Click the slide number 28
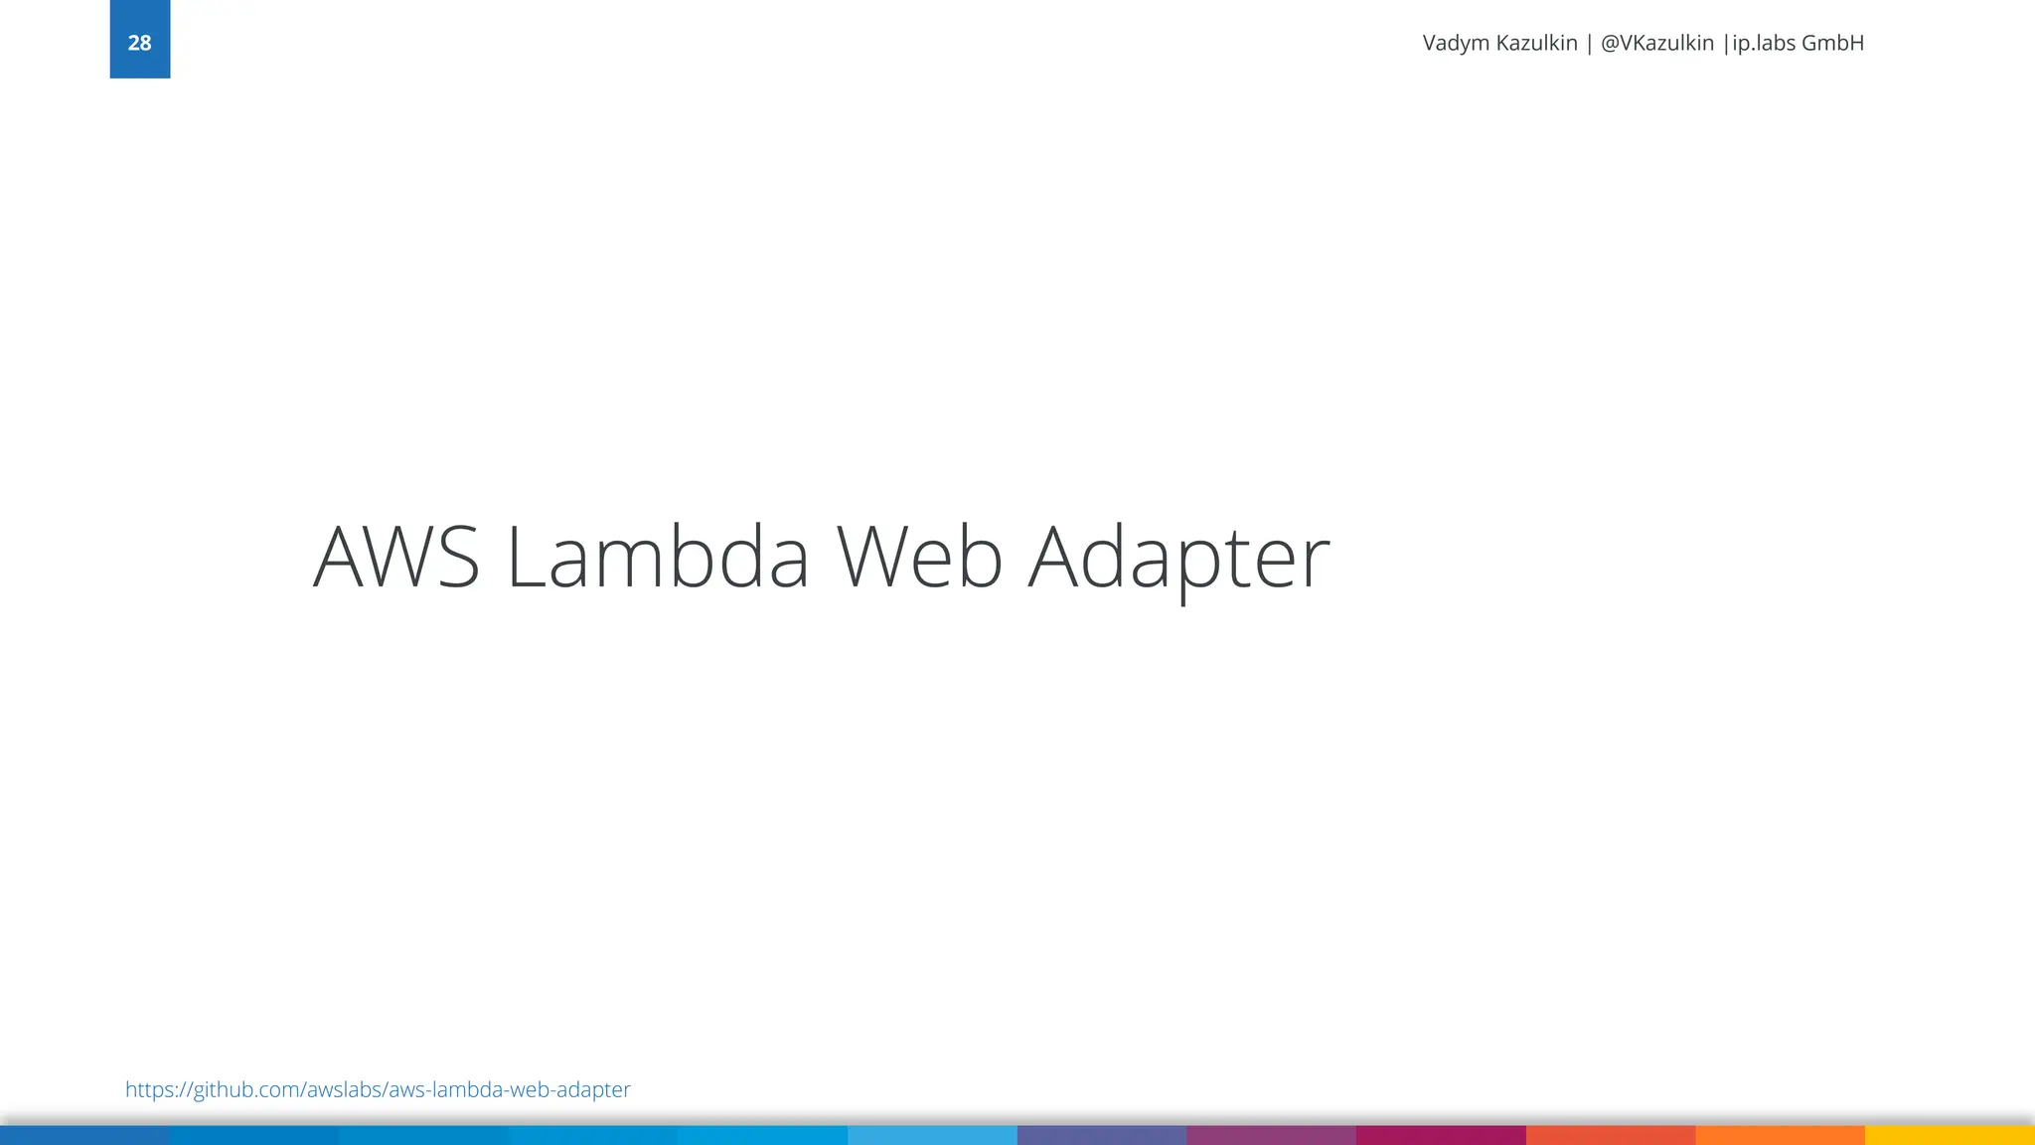[x=139, y=43]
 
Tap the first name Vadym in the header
[x=1456, y=44]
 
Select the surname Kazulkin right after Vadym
[x=1537, y=44]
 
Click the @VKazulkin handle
[x=1657, y=44]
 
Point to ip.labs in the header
[x=1764, y=44]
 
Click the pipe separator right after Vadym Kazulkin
[x=1590, y=44]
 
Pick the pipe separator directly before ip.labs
[x=1726, y=44]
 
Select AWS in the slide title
[x=396, y=558]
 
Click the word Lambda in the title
[x=658, y=558]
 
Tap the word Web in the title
[x=919, y=558]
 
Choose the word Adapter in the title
[x=1178, y=558]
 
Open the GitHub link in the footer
[x=378, y=1089]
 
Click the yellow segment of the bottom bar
[x=1950, y=1135]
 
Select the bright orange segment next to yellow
[x=1780, y=1135]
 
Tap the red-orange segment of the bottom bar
[x=1610, y=1135]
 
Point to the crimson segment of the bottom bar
[x=1441, y=1135]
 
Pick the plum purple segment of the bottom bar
[x=1271, y=1135]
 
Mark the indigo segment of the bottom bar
[x=1101, y=1135]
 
